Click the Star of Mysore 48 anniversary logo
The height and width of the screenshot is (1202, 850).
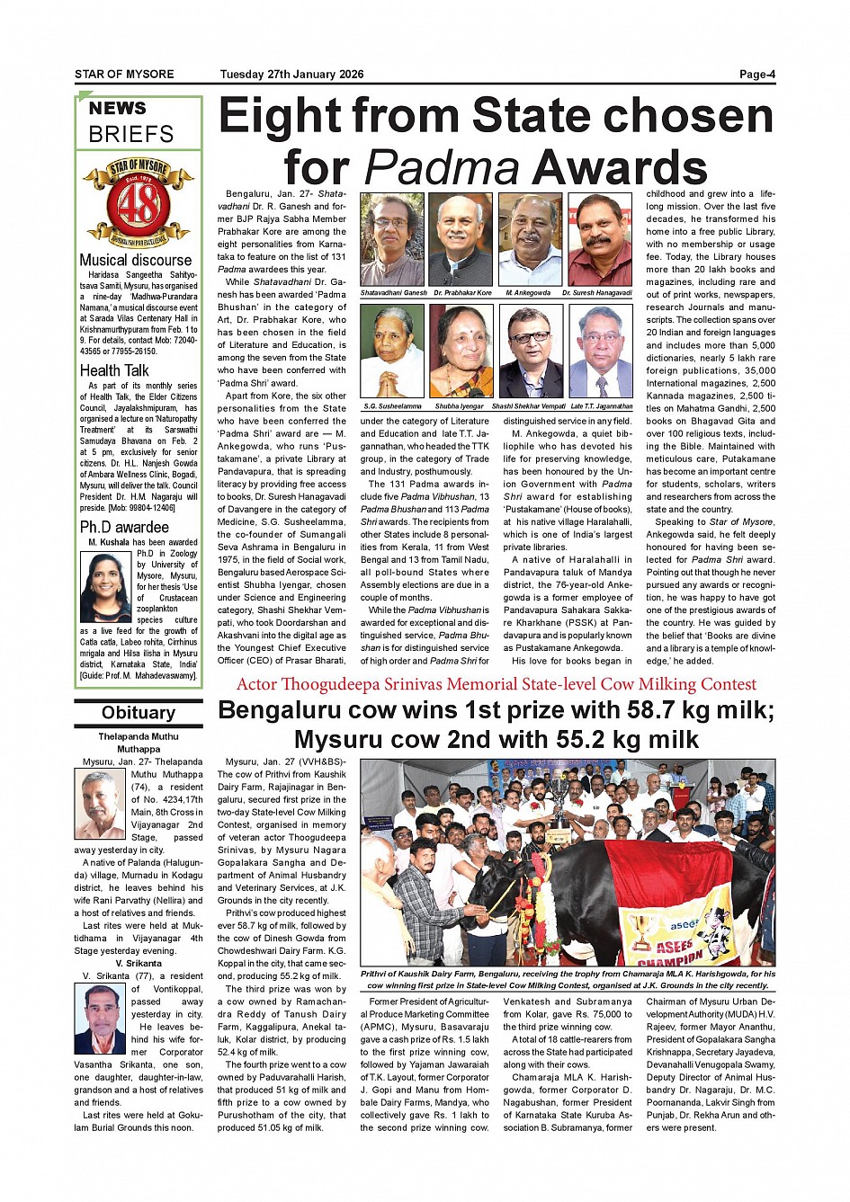[138, 202]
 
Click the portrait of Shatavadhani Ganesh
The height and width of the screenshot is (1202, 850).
[392, 239]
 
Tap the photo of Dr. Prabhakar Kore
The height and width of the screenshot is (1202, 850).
[461, 239]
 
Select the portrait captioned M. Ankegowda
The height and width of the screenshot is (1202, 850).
[530, 239]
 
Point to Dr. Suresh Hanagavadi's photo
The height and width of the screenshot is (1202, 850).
[599, 239]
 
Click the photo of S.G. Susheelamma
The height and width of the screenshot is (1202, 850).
[392, 351]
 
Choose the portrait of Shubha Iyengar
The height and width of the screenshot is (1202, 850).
[461, 351]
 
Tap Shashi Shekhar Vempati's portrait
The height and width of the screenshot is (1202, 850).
[530, 351]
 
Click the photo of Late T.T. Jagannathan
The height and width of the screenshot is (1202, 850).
[599, 351]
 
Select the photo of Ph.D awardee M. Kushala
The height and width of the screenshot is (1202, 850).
[106, 587]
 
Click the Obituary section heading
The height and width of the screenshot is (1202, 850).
[138, 713]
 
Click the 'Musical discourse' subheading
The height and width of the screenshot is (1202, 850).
[135, 261]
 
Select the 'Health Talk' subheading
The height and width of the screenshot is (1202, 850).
[114, 370]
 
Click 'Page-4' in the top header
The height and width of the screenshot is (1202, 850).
[756, 75]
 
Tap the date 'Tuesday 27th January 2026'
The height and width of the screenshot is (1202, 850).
[291, 75]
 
